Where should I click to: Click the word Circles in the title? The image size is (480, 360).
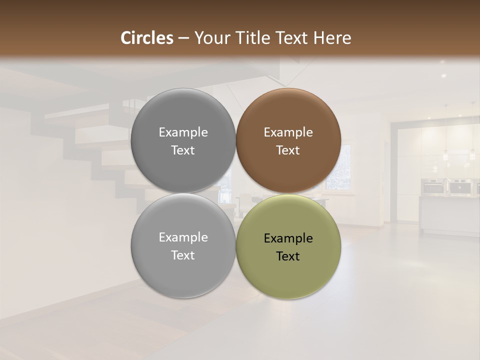146,38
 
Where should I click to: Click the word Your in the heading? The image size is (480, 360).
209,38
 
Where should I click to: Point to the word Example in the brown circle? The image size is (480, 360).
288,132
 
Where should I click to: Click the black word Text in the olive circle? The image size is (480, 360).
288,256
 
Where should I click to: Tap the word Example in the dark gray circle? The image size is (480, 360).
183,132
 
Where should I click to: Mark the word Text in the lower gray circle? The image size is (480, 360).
183,255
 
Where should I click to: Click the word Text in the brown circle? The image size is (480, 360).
288,150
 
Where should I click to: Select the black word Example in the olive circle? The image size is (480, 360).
288,238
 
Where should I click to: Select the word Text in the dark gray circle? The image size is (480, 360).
183,150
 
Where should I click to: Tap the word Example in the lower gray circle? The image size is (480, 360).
183,237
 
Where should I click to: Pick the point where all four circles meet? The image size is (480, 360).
235,193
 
